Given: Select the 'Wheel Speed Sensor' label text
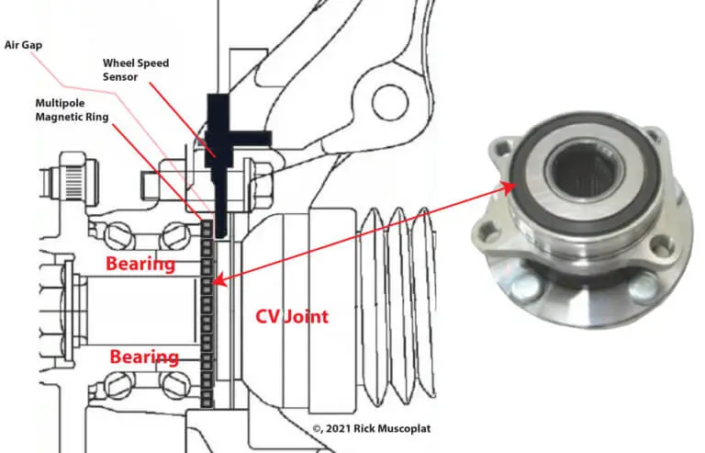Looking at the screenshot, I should [134, 70].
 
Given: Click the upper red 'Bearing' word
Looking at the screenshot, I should [140, 265].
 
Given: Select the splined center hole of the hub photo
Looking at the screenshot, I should [576, 170].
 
